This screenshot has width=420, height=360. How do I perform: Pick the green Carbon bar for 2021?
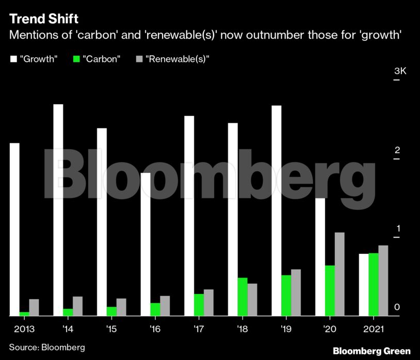(374, 284)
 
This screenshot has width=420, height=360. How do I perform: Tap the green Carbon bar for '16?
(155, 309)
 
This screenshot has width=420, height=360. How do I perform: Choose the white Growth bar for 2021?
(364, 285)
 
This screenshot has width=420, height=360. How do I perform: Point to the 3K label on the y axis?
(400, 71)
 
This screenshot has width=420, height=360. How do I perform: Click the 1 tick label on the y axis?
(397, 228)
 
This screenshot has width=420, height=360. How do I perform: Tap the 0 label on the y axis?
(397, 307)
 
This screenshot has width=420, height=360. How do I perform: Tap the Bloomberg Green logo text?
(371, 350)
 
